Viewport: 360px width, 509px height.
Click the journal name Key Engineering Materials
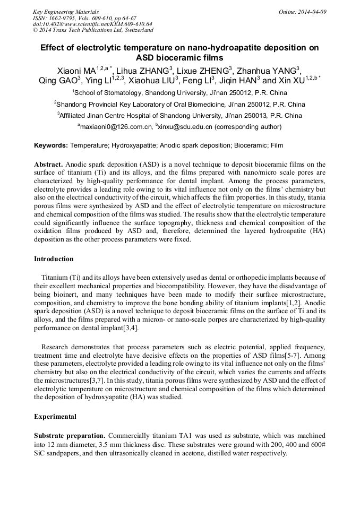(x=65, y=12)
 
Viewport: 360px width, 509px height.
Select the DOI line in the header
(x=92, y=24)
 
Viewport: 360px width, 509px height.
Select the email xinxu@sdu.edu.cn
(x=185, y=127)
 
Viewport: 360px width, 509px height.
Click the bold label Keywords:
(x=51, y=145)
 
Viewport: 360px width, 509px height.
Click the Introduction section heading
(x=54, y=259)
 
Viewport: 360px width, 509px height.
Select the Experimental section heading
(x=55, y=417)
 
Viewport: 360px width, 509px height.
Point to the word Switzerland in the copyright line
(x=135, y=30)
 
